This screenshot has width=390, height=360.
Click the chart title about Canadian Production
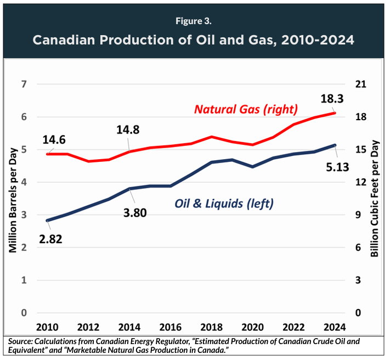pos(194,41)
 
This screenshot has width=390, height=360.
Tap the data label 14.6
pos(53,140)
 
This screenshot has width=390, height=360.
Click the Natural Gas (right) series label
pos(246,109)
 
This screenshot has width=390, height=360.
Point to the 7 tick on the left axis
pos(24,84)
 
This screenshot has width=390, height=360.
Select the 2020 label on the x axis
pos(252,328)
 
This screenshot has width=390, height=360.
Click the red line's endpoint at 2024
pos(335,113)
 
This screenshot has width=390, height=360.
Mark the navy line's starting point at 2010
pos(48,221)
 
